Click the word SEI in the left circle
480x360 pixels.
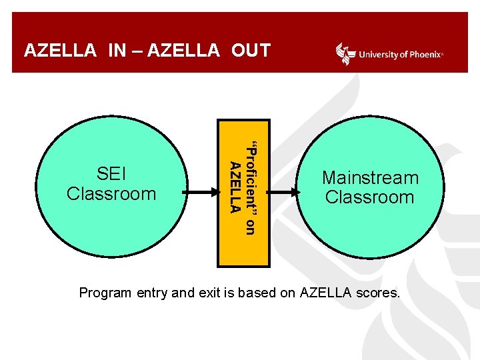[x=111, y=175]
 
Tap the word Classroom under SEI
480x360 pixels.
[x=111, y=193]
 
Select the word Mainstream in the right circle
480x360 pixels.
[x=370, y=178]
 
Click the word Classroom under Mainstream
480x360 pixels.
[x=369, y=197]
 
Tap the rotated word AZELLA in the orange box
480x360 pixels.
[x=234, y=187]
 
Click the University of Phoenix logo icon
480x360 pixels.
[x=345, y=53]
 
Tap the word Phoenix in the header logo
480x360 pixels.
[x=424, y=55]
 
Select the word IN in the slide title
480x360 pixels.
[x=117, y=51]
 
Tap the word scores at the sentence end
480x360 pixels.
[x=381, y=292]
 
